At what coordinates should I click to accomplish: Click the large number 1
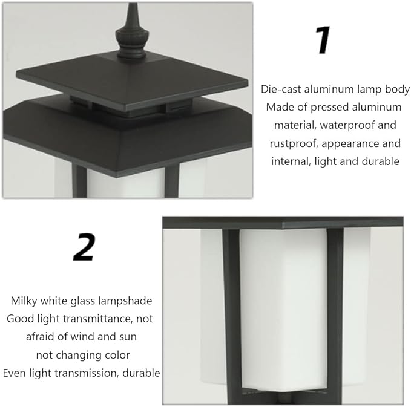tap(323, 40)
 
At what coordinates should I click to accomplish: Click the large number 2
tap(84, 247)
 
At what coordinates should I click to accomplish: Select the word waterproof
tap(347, 125)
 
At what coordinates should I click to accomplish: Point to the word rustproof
tap(293, 143)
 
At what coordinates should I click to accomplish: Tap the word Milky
tap(24, 301)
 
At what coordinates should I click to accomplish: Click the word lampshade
tap(125, 301)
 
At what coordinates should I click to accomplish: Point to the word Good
tap(21, 319)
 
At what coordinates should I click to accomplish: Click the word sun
tap(128, 337)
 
